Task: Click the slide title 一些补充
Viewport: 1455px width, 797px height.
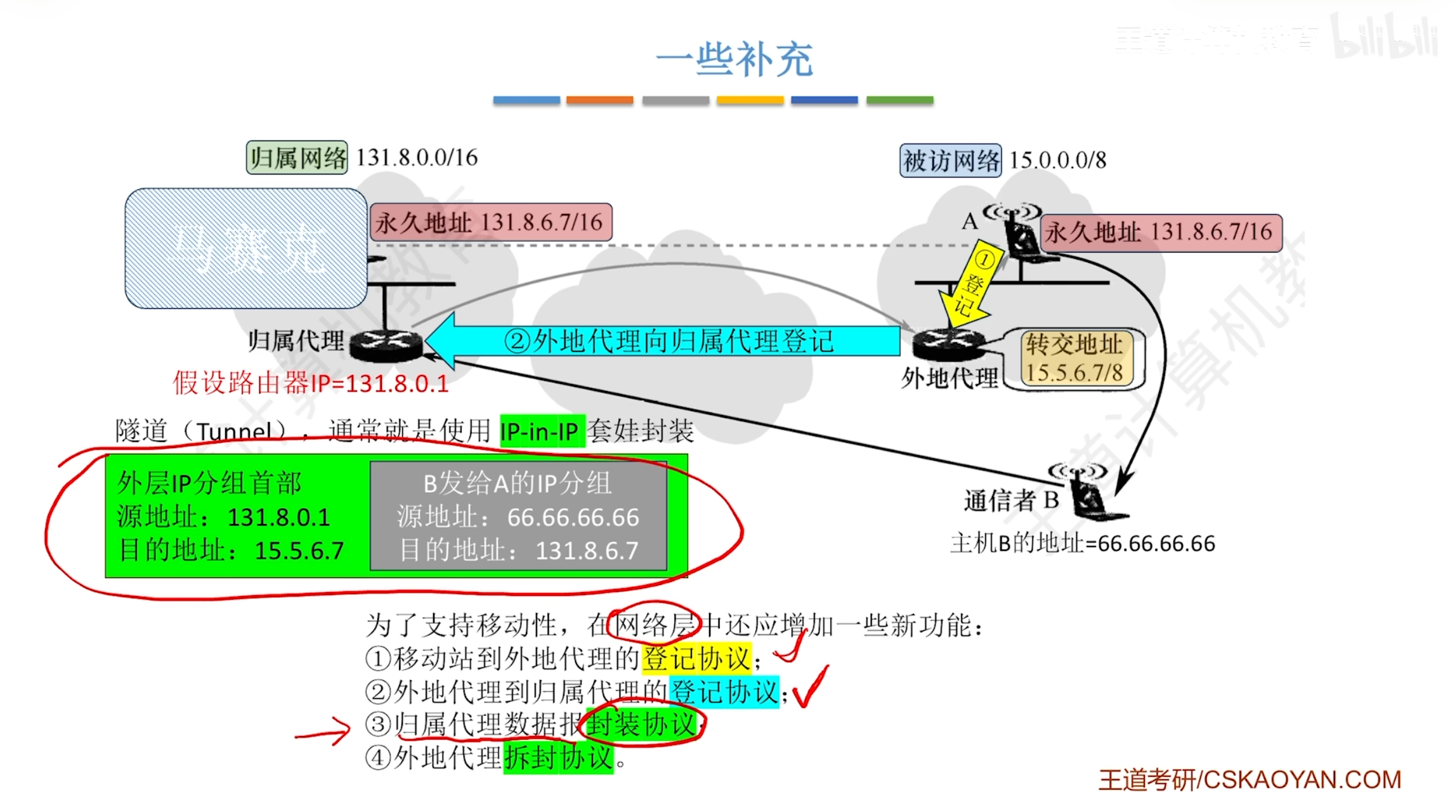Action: pos(734,60)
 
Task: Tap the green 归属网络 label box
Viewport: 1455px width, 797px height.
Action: pos(297,158)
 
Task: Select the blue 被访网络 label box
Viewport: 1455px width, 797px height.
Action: pos(950,161)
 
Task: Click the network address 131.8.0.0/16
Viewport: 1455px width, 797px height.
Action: pos(417,158)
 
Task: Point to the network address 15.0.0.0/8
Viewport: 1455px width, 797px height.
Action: pos(1057,161)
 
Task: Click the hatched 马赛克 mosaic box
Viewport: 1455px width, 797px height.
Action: pos(246,248)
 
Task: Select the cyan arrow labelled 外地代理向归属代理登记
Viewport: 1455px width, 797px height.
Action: pos(666,341)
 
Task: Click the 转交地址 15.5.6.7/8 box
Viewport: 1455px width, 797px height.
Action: pos(1074,359)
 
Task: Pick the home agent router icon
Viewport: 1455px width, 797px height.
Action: pos(385,345)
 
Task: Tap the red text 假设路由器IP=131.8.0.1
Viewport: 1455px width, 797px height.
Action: pos(311,383)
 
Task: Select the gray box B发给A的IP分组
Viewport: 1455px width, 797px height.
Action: pos(518,516)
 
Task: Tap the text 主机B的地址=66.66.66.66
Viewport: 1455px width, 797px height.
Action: pos(1082,544)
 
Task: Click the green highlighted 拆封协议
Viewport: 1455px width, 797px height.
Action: pos(558,758)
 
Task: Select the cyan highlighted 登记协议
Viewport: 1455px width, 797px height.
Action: pos(724,692)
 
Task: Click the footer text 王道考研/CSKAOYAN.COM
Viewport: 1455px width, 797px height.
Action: pos(1249,780)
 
